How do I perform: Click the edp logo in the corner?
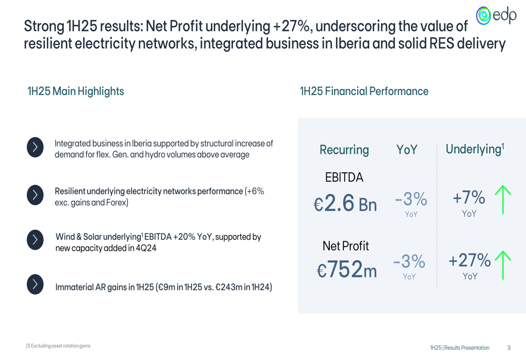(x=496, y=16)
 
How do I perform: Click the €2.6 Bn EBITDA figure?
(x=346, y=204)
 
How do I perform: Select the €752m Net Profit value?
(x=347, y=270)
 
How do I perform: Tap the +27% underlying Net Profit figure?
(x=469, y=260)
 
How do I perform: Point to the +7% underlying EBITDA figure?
(x=469, y=198)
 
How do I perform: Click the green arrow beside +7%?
(x=503, y=199)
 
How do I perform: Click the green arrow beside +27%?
(x=503, y=265)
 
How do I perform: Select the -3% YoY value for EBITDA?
(x=411, y=199)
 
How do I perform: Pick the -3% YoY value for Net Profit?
(x=409, y=261)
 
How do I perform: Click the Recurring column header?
(x=344, y=150)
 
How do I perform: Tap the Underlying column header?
(x=474, y=149)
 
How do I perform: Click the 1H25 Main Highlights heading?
(x=76, y=91)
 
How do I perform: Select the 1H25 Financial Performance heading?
(x=364, y=91)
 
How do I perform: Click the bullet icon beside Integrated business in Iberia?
(x=35, y=148)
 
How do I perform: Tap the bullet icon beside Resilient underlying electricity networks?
(x=35, y=195)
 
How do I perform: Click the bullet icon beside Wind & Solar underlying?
(x=35, y=240)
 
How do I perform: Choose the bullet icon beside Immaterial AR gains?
(x=35, y=284)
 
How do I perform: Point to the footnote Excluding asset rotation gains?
(x=58, y=346)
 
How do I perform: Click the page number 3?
(x=509, y=348)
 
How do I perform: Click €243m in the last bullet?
(x=227, y=287)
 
